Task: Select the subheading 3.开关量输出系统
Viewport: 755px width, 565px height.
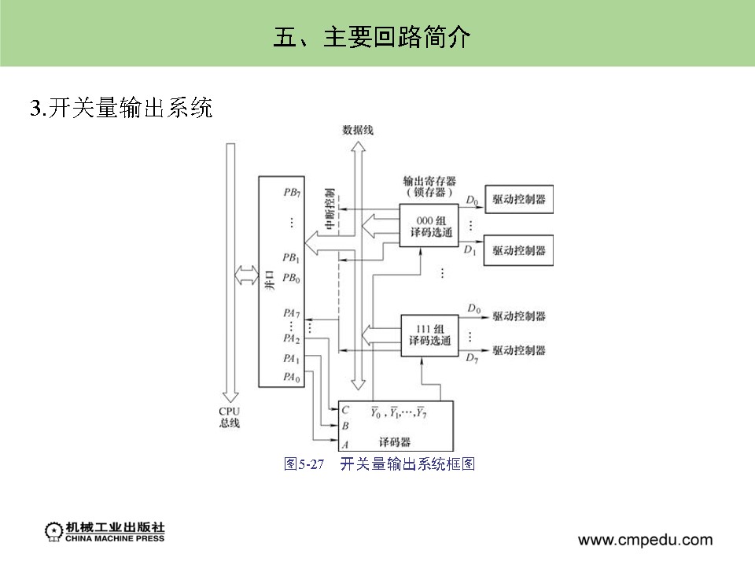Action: [x=121, y=108]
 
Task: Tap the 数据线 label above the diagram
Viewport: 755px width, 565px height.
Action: [x=358, y=131]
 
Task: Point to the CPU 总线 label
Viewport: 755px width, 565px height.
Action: [x=230, y=417]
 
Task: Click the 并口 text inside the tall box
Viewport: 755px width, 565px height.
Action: [x=269, y=282]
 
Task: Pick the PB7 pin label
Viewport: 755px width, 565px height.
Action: [x=292, y=192]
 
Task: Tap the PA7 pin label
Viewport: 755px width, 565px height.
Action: [x=292, y=312]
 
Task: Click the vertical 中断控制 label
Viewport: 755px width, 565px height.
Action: [x=330, y=209]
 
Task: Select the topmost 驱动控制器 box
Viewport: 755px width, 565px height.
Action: [x=518, y=200]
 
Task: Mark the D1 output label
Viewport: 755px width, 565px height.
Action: [x=470, y=250]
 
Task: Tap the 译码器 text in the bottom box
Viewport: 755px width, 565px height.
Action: [x=395, y=441]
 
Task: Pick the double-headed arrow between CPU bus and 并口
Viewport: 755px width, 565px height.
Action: [x=246, y=275]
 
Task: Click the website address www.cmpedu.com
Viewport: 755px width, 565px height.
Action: [x=645, y=540]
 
